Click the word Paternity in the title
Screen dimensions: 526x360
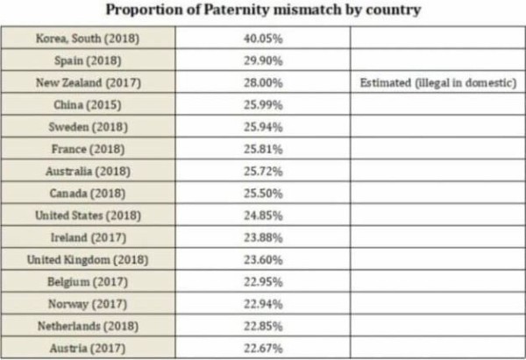pos(237,10)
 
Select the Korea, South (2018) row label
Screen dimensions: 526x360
pos(88,39)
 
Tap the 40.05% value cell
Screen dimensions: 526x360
pos(263,39)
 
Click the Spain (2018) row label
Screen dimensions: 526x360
pos(88,60)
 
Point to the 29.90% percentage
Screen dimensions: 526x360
pos(263,60)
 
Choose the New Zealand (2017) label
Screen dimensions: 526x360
pos(89,83)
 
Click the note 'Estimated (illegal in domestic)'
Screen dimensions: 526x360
pos(438,82)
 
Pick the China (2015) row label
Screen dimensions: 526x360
pos(87,105)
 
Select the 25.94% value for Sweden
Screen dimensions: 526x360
pos(263,127)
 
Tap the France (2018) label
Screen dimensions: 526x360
pos(88,149)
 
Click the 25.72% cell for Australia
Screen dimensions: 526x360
pos(263,172)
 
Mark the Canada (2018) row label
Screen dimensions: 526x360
pos(87,194)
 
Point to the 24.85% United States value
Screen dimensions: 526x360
pos(263,215)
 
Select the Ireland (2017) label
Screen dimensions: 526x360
pos(89,237)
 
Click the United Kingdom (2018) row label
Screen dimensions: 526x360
pos(88,260)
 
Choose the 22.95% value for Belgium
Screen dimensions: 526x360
pos(263,282)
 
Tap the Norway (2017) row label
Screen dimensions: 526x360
pos(88,304)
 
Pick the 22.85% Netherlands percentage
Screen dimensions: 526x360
pos(263,326)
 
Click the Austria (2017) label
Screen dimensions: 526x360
pos(87,349)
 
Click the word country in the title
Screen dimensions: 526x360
pos(393,10)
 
